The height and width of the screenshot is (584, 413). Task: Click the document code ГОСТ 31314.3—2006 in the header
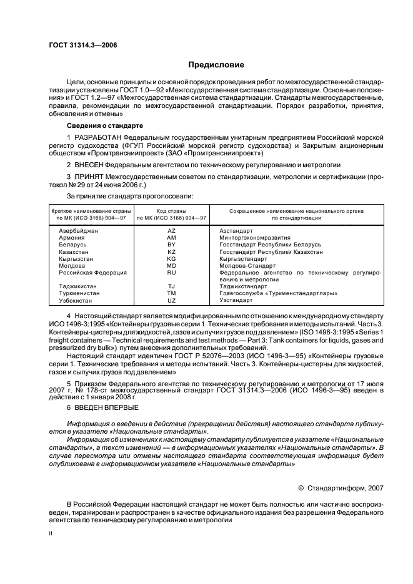click(82, 45)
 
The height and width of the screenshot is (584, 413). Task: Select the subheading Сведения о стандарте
click(99, 125)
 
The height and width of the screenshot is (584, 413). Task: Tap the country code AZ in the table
click(172, 231)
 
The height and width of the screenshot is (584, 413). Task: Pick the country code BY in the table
click(172, 245)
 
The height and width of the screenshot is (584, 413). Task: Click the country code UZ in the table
click(172, 300)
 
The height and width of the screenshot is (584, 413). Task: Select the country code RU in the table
click(172, 273)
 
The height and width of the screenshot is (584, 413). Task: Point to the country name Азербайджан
click(78, 231)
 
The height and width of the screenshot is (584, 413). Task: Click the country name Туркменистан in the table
click(80, 293)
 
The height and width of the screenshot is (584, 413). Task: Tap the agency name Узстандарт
click(236, 300)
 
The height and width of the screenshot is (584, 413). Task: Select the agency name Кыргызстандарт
click(243, 259)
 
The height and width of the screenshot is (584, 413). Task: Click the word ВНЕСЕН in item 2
click(87, 165)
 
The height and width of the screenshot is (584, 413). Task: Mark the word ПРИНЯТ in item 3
click(87, 177)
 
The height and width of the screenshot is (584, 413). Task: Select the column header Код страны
click(172, 212)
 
